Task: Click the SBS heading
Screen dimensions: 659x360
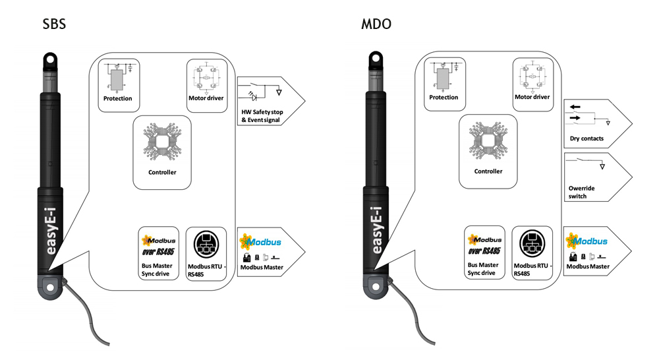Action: click(54, 24)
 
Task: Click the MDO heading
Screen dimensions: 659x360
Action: click(376, 24)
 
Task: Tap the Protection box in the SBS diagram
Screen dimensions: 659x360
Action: click(119, 85)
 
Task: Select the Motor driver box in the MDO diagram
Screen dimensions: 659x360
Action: click(533, 84)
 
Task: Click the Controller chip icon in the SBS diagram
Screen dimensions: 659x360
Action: click(162, 142)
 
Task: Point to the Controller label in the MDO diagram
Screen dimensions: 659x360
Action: click(488, 171)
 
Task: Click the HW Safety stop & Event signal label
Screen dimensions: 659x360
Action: click(262, 116)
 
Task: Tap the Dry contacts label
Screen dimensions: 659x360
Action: click(587, 138)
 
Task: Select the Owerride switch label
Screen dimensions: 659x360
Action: click(582, 192)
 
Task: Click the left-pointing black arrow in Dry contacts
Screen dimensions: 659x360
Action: click(575, 107)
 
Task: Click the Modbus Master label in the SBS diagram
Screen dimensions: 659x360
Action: click(262, 267)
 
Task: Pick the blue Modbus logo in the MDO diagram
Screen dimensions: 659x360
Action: click(587, 241)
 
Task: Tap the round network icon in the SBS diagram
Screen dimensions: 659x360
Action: click(206, 245)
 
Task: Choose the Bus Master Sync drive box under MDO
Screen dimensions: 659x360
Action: click(484, 253)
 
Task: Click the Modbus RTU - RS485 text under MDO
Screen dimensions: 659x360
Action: click(532, 269)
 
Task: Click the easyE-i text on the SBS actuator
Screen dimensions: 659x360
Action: click(51, 231)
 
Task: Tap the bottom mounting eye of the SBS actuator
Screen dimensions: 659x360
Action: click(51, 288)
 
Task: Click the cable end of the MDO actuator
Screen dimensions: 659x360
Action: click(433, 343)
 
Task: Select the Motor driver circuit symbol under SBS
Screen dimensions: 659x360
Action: click(206, 78)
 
